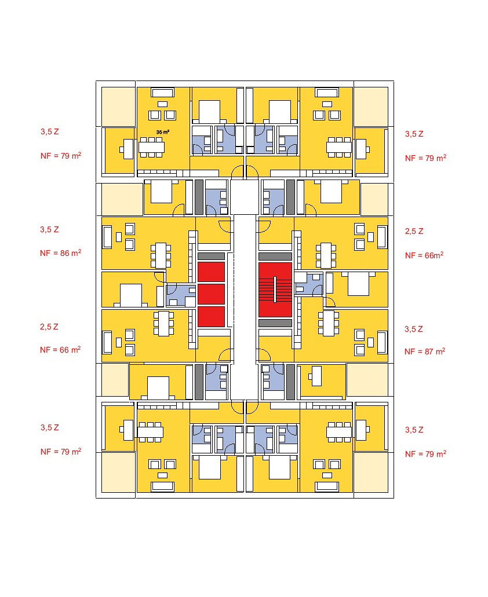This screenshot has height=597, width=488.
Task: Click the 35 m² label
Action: [x=162, y=132]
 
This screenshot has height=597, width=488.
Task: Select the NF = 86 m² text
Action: [x=60, y=253]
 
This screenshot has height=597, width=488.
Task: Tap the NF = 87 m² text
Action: [x=425, y=351]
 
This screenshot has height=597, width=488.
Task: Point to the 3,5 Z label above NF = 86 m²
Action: [x=49, y=229]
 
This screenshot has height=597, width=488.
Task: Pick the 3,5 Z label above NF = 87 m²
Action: [x=414, y=329]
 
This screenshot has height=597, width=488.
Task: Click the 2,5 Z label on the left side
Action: [x=49, y=327]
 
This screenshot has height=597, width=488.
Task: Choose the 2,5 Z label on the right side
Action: [x=414, y=231]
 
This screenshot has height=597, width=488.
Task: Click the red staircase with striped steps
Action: [x=275, y=290]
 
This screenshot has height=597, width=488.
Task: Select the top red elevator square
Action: [x=211, y=272]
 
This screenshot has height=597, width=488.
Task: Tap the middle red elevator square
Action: [x=211, y=294]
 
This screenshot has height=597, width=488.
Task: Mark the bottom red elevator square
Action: [x=211, y=316]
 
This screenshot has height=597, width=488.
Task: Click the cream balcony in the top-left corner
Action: [x=119, y=106]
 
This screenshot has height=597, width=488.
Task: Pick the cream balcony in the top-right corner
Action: [x=371, y=106]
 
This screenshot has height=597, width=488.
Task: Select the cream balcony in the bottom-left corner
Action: [x=119, y=472]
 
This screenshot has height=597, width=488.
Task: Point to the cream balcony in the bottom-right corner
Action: [x=371, y=472]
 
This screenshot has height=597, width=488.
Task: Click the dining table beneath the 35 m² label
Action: [x=151, y=147]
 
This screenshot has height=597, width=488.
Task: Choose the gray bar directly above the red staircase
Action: [x=275, y=256]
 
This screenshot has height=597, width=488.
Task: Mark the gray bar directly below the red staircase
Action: [x=275, y=323]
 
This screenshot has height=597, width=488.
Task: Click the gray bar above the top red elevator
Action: [x=211, y=256]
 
